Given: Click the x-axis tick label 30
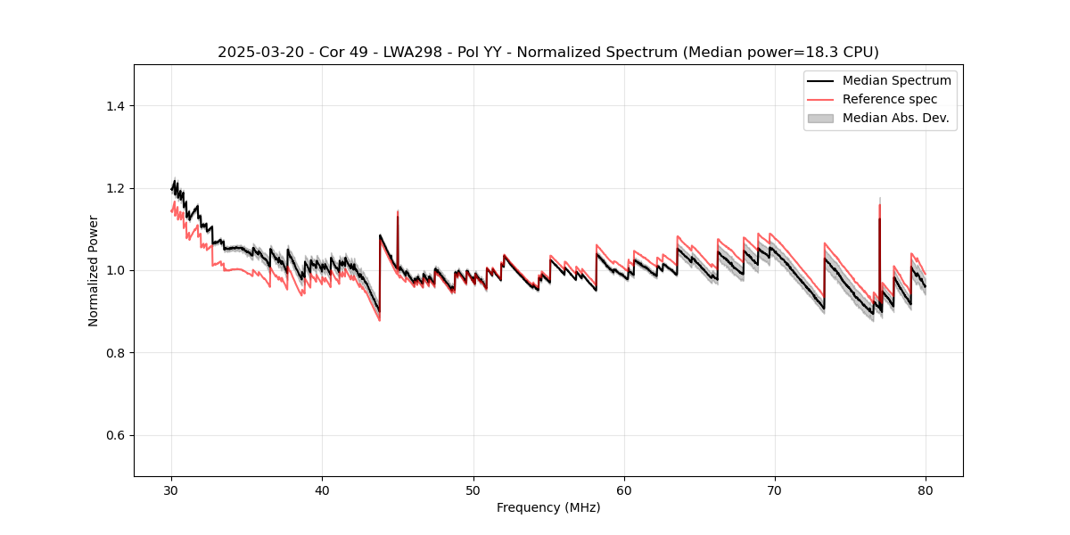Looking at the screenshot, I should (x=171, y=490).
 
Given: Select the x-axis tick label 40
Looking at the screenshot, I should (x=323, y=490).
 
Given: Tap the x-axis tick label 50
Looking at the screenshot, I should (x=473, y=490).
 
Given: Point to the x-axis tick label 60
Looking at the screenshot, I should (x=624, y=490).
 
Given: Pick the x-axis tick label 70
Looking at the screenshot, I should (x=775, y=490).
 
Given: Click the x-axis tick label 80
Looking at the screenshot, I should (x=926, y=490).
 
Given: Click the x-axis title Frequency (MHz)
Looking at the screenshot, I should (x=548, y=508).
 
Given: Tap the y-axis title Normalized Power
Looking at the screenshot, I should (x=94, y=270).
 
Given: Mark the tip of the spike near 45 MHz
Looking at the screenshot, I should (x=398, y=211).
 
